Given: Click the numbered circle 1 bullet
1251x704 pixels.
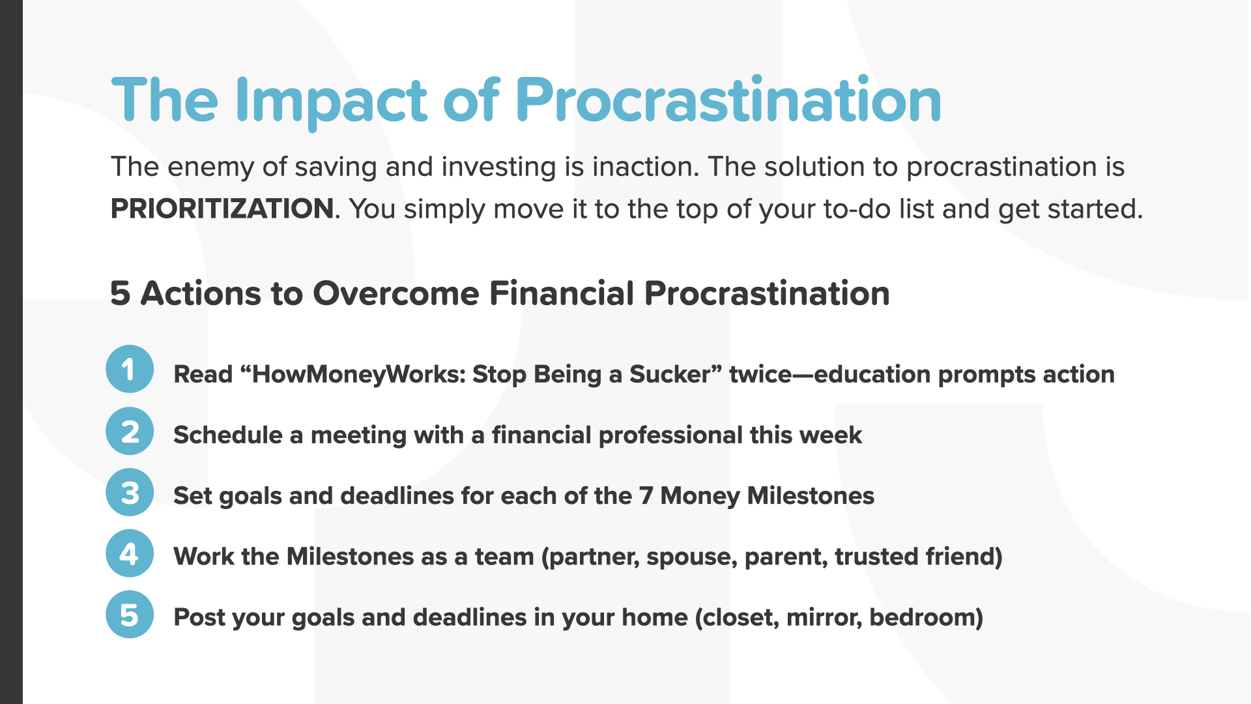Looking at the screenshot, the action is [130, 369].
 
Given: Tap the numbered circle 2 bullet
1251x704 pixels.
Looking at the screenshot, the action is [130, 432].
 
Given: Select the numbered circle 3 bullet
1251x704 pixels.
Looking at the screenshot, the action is [130, 492].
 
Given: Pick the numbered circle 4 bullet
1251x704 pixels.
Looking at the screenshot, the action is [130, 553].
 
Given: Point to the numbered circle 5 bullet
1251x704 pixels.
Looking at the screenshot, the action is [130, 614].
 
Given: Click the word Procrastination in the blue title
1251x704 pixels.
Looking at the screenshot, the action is [728, 102].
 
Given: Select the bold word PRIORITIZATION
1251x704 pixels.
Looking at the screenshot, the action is [222, 209].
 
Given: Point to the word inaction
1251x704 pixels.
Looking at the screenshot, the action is [645, 167].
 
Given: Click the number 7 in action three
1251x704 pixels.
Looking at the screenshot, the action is [646, 496].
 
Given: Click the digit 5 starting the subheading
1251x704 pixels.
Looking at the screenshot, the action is [120, 293].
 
